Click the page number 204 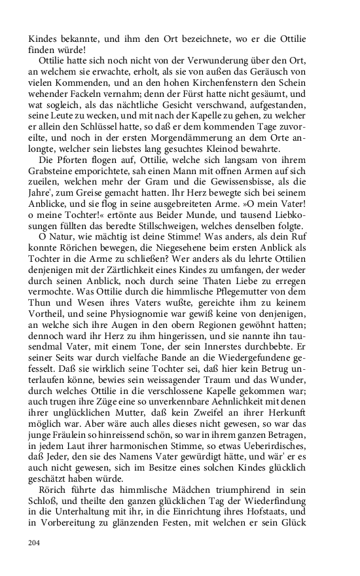coord(34,543)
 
